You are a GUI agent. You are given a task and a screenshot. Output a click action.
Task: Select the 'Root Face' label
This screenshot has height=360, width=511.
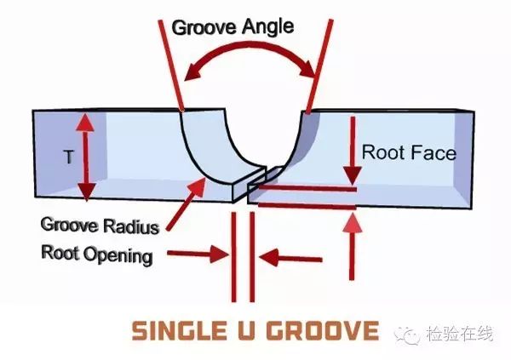[x=409, y=153]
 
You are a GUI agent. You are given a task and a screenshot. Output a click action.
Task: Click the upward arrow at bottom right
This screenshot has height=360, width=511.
[x=352, y=247]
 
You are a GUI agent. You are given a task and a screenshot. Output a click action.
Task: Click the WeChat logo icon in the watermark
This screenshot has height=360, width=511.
[x=408, y=334]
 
